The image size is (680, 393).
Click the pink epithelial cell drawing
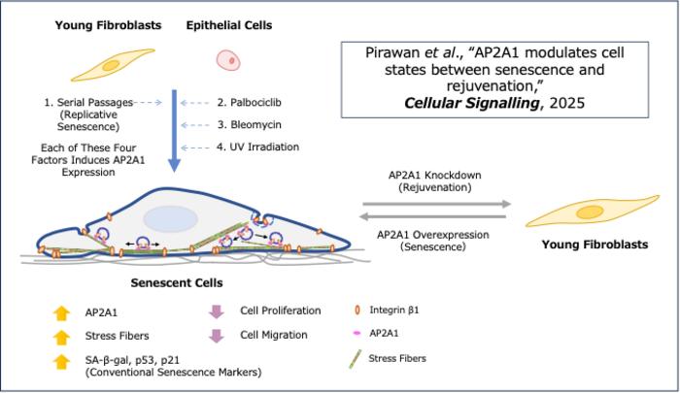coord(228,60)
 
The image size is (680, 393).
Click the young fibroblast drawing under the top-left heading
coord(113,65)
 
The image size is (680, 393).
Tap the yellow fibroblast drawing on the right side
coord(593,212)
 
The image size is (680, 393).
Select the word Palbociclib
coord(255,103)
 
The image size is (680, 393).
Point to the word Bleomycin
coord(255,125)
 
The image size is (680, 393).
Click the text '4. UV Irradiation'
coord(258,147)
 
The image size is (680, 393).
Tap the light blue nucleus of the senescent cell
coord(170,218)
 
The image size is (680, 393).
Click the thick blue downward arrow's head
coord(174,165)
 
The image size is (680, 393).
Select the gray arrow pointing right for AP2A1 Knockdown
coord(437,204)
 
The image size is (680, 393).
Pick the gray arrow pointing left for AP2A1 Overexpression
coord(432,216)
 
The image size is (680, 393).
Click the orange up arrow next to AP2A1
coord(61,312)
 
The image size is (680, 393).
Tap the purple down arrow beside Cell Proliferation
coord(217,311)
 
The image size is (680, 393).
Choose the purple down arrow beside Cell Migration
coord(217,336)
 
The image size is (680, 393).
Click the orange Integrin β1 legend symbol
coord(357,310)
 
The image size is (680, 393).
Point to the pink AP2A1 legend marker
coord(357,333)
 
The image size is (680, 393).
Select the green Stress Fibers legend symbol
coord(356,359)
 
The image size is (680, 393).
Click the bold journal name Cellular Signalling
coord(472,103)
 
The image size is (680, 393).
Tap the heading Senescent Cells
coord(177,283)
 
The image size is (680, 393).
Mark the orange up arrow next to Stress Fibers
coord(61,337)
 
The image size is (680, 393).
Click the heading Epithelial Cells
coord(229,25)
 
